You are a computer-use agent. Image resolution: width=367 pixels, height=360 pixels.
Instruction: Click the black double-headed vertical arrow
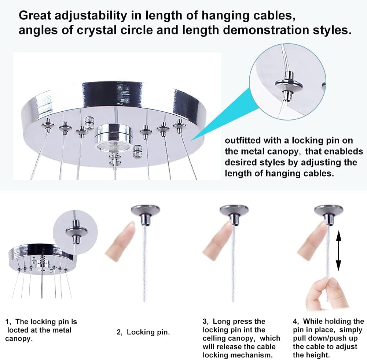pos(338,253)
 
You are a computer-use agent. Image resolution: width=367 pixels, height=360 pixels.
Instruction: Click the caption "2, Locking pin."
pos(143,332)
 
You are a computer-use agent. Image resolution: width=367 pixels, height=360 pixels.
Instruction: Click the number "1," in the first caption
pos(9,322)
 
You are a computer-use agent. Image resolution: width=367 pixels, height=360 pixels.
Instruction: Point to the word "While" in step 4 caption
pos(314,321)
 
